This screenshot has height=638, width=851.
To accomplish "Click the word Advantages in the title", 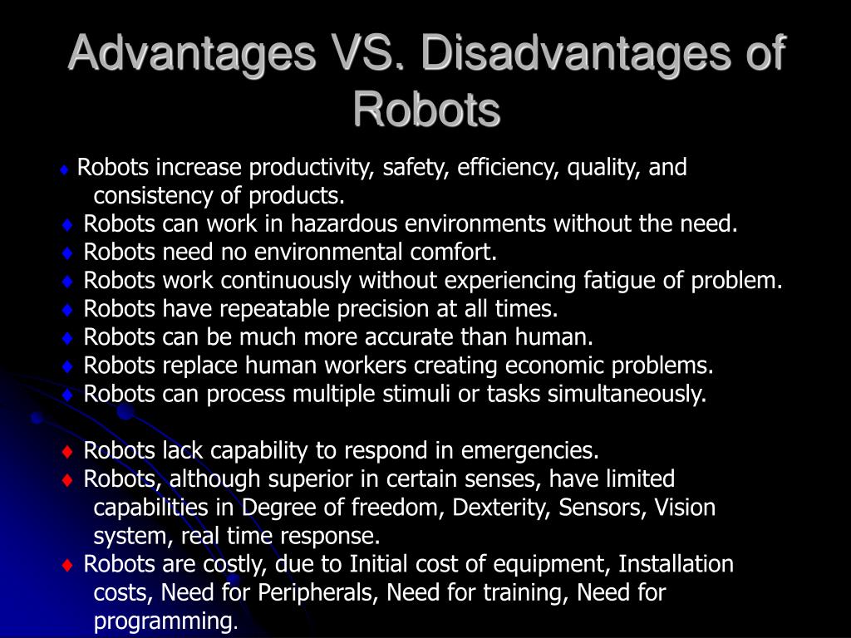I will [192, 54].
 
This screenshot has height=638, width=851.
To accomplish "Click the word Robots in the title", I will [426, 110].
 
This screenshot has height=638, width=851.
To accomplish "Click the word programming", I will [165, 621].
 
